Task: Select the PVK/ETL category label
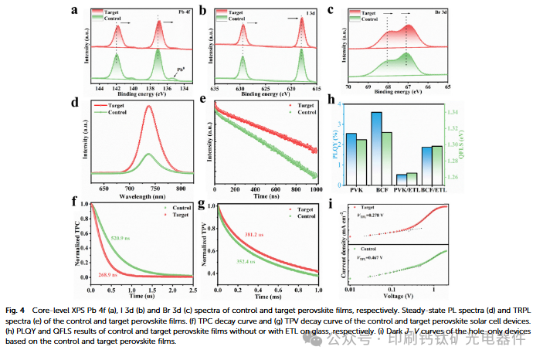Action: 406,190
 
